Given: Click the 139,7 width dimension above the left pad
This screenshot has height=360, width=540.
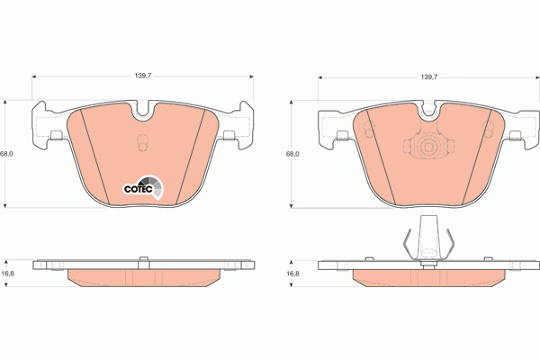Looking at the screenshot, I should tap(141, 77).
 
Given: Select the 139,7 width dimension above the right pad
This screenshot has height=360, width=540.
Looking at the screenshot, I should tap(428, 77).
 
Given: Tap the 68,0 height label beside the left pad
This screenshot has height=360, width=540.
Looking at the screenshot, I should tap(7, 154).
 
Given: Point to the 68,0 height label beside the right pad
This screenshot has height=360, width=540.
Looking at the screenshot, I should tap(292, 154).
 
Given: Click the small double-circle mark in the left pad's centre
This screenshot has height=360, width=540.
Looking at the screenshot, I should tap(141, 144).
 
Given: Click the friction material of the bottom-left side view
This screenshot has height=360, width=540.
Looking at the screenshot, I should tap(141, 276).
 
